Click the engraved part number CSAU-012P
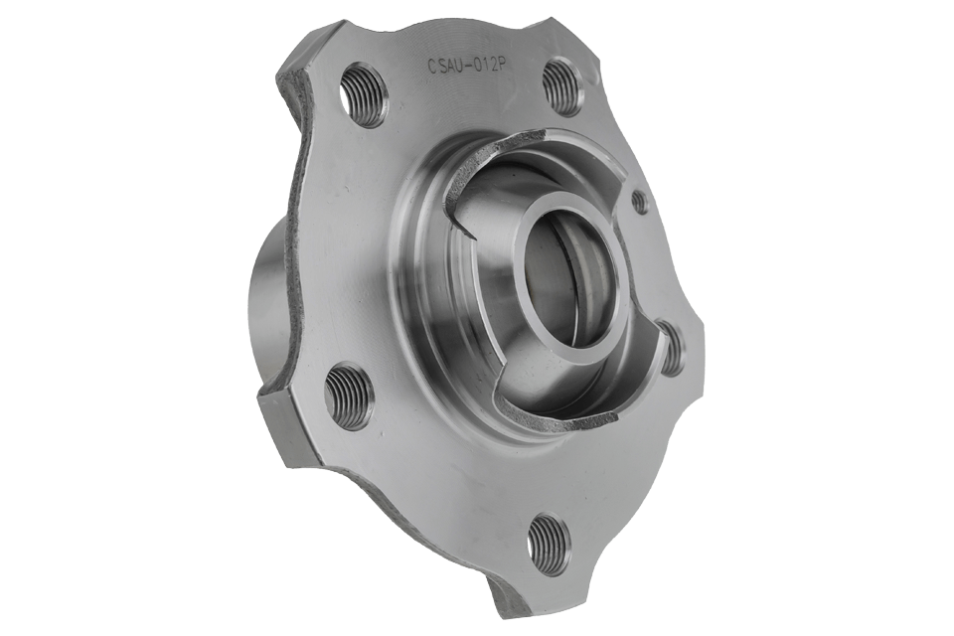(x=467, y=65)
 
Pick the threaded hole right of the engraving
(x=563, y=86)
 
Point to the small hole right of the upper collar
(x=639, y=201)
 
